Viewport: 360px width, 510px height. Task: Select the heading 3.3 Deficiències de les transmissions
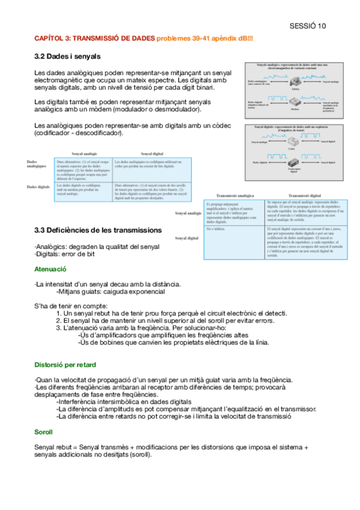(x=97, y=230)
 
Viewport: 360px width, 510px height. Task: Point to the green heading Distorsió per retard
(x=65, y=364)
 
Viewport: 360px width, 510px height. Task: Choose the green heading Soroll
(x=44, y=432)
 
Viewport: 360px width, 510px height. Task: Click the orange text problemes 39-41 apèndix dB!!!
(x=205, y=38)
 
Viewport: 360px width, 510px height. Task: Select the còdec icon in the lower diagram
(x=291, y=141)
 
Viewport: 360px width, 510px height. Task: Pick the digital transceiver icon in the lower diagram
(x=293, y=163)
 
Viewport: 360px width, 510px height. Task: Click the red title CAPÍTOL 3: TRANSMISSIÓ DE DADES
(x=94, y=38)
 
